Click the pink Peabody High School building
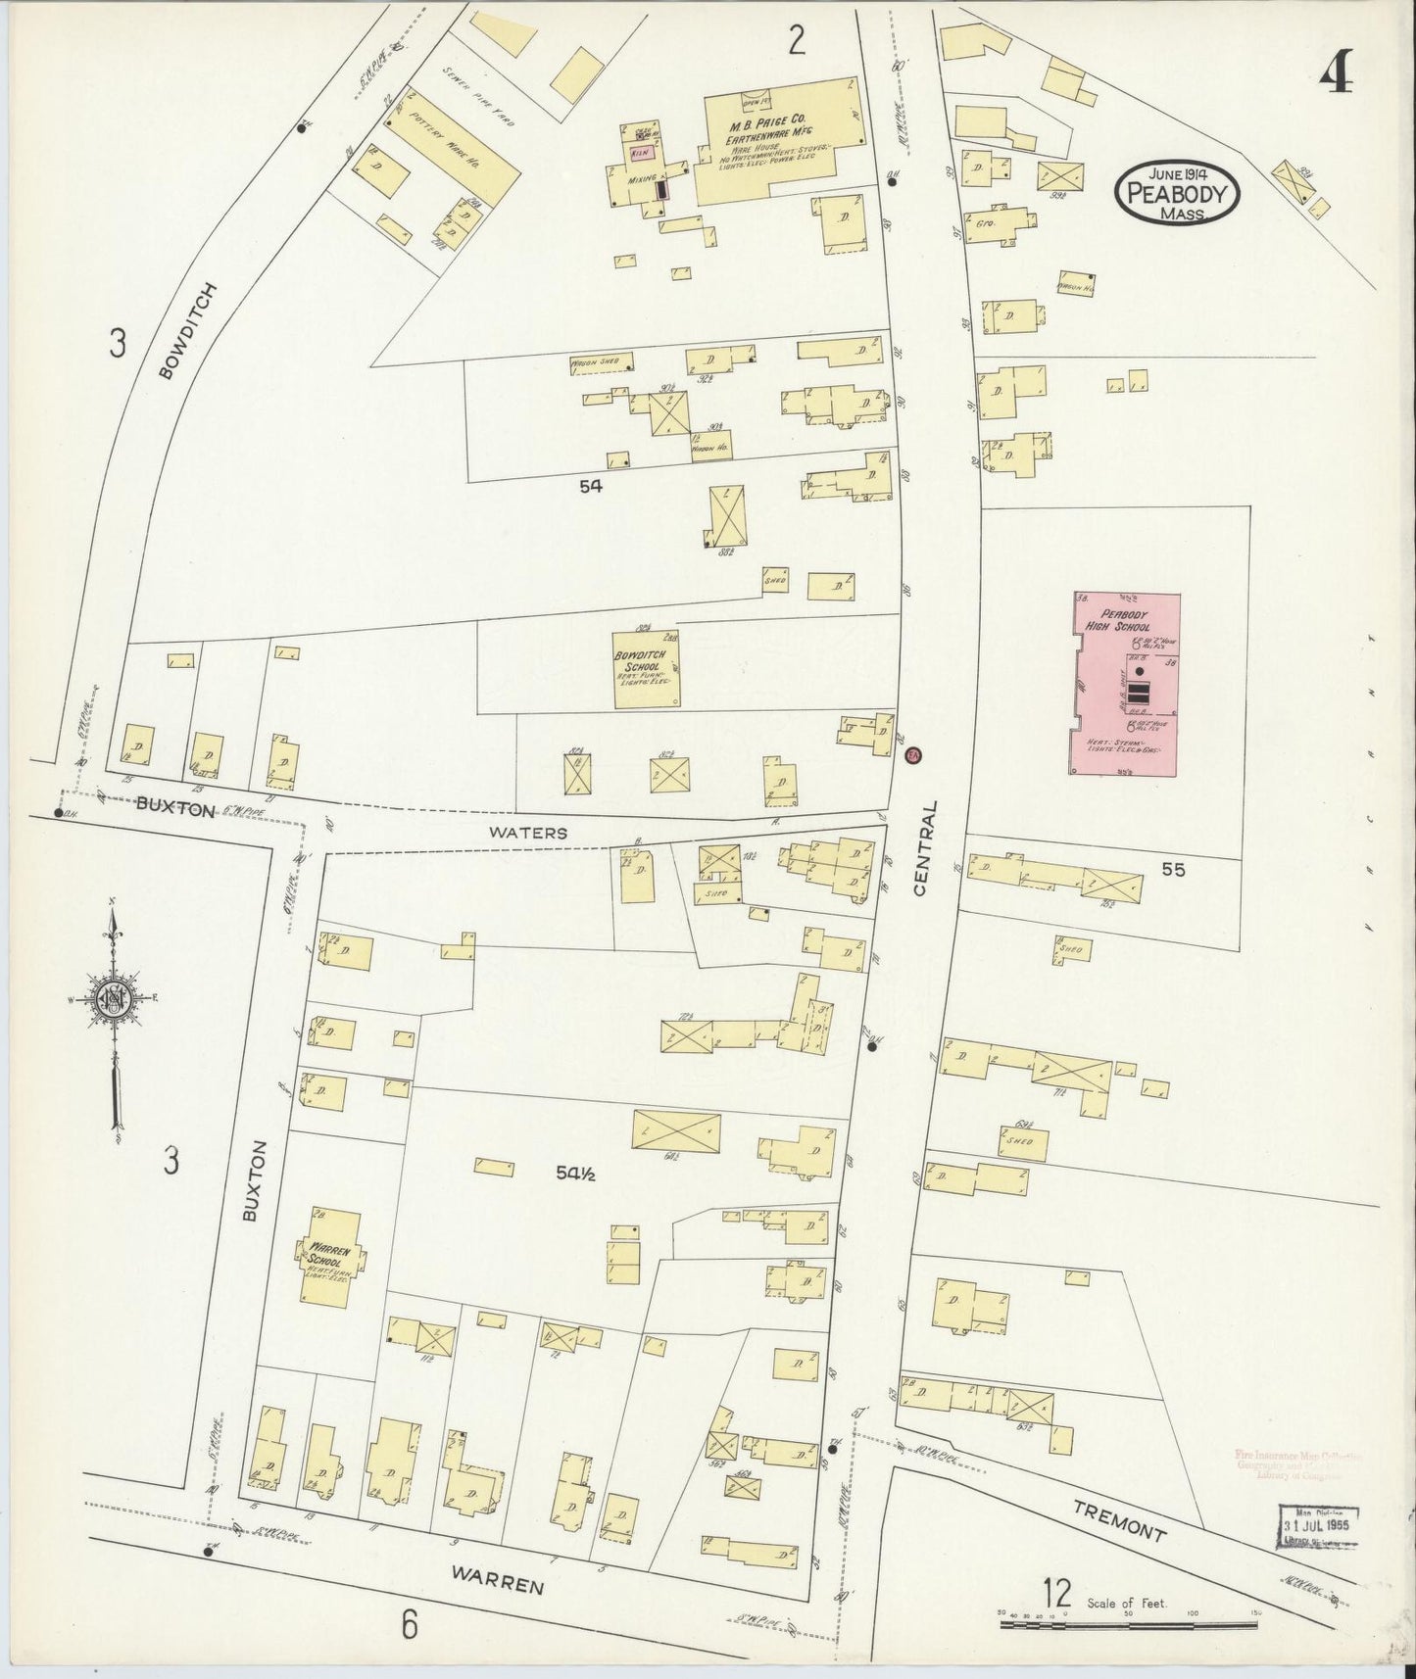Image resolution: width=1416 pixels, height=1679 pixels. point(1127,686)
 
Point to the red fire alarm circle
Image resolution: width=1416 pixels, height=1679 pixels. point(913,755)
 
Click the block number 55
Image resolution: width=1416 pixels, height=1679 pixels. point(1172,868)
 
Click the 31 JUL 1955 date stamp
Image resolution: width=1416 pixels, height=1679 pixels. point(1321,1526)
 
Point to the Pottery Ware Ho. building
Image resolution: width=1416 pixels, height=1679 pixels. point(452,147)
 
